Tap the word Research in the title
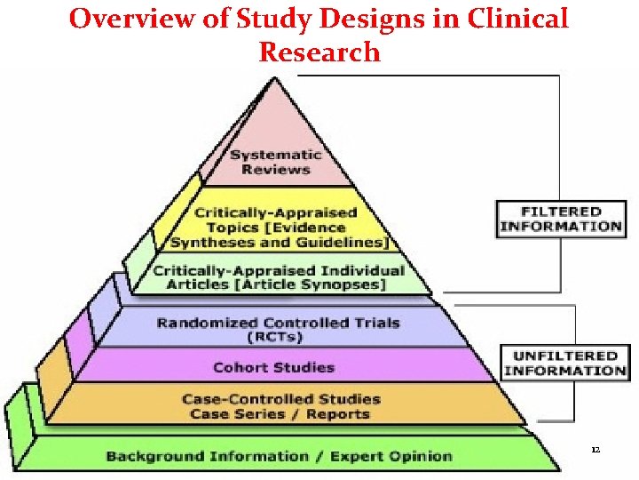click(319, 52)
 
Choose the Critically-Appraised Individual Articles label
click(278, 277)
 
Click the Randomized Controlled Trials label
click(278, 329)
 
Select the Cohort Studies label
click(273, 367)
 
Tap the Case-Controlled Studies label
click(280, 399)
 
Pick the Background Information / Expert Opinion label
click(279, 456)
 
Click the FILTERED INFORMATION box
click(560, 219)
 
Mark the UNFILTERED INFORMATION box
click(564, 363)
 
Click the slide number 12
click(596, 450)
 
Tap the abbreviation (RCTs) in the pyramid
click(274, 337)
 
